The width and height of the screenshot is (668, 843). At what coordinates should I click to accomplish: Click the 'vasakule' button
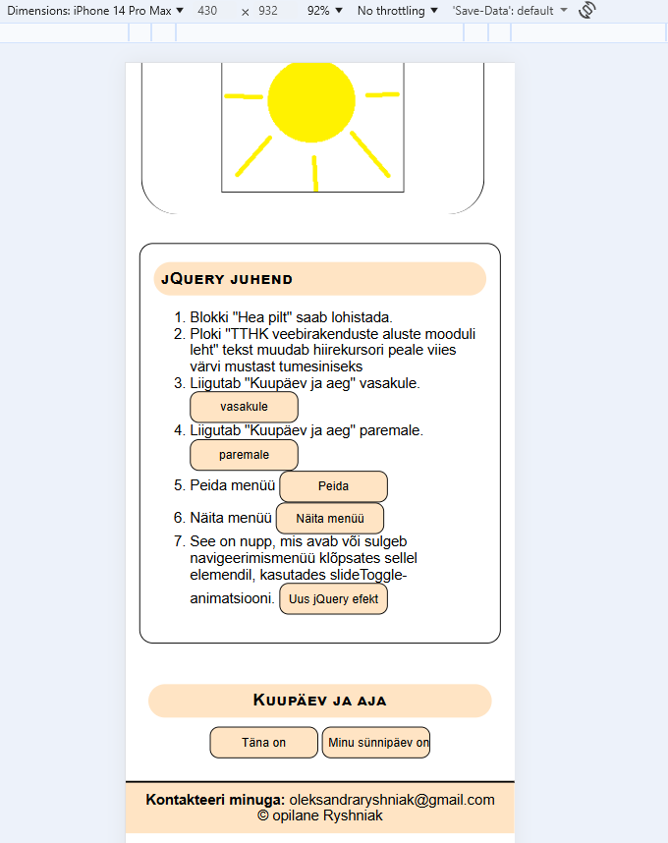coord(244,407)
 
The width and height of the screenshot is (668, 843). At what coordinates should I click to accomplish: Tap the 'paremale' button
coord(244,455)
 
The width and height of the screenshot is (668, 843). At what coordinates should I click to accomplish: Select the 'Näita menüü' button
coord(330,518)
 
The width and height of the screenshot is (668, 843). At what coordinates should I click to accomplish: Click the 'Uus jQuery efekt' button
coord(334,598)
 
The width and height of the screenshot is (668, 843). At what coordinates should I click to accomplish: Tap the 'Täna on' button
coord(263,743)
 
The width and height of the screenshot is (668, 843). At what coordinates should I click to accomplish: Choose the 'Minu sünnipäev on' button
coord(376,743)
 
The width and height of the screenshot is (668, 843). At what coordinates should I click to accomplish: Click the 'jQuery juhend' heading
coord(227,279)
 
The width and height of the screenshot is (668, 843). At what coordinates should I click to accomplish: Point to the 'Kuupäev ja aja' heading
coord(319,701)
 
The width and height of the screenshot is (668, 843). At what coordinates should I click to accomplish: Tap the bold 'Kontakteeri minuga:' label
coord(215,800)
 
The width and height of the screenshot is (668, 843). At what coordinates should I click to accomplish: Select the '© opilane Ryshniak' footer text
coord(319,815)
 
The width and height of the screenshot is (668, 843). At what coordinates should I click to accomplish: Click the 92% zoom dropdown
coord(325,11)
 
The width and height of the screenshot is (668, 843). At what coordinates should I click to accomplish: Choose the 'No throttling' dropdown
coord(398,11)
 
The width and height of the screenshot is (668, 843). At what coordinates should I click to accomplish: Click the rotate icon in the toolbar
coord(587,11)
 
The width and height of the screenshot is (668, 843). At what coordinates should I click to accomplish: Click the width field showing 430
coord(207,11)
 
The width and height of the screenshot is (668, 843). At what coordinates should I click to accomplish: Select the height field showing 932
coord(268,11)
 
